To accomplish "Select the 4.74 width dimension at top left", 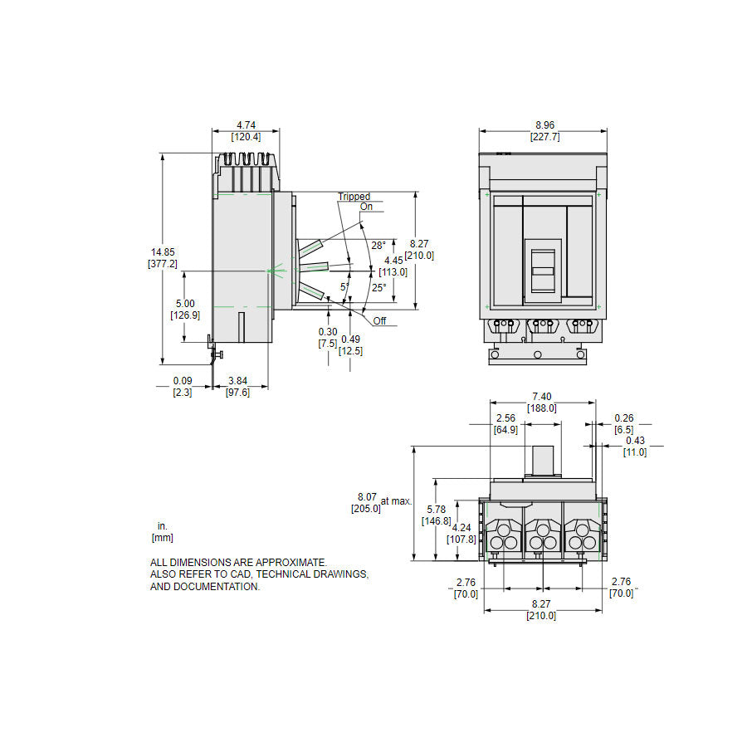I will (246, 125).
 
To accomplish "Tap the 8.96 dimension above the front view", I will (543, 125).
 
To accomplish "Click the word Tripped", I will (354, 197).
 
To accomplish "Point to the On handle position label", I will (366, 207).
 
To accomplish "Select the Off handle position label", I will (379, 321).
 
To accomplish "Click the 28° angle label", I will (378, 246).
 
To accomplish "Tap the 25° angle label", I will (378, 287).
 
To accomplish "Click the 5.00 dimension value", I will (185, 304).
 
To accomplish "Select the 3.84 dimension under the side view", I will (238, 381).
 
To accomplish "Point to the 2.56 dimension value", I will (505, 418).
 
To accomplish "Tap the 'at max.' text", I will (396, 500).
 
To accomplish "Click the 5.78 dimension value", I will (436, 510).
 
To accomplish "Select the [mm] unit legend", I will (162, 538).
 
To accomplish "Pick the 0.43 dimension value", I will (635, 441).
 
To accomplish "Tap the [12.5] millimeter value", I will (350, 350).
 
